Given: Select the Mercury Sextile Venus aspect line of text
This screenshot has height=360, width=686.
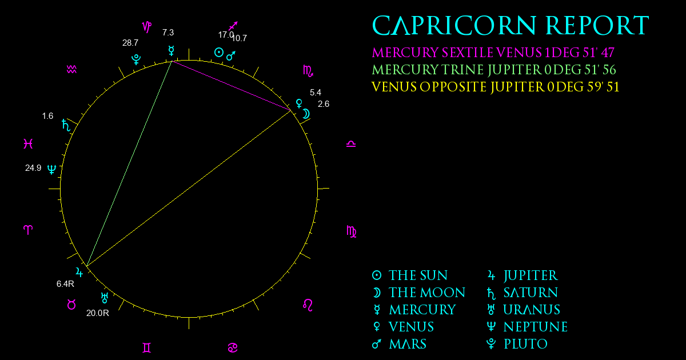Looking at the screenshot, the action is tap(493, 53).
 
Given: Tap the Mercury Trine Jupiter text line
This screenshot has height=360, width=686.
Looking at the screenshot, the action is tap(494, 70).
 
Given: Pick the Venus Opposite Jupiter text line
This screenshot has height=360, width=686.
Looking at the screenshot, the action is tap(495, 87).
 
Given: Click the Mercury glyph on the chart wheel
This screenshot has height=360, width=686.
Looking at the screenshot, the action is tap(171, 51).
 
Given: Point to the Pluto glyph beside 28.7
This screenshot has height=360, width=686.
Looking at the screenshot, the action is tap(136, 59).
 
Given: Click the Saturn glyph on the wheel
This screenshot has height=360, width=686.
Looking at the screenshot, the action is tap(66, 125).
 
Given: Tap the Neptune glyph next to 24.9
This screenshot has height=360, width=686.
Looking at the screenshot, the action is tap(52, 169).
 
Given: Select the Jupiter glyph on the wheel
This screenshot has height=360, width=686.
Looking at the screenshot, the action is tap(79, 272).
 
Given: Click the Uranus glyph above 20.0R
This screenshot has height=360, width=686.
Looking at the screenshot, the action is tap(105, 298).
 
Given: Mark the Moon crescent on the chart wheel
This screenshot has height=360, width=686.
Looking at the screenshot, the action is tap(306, 114).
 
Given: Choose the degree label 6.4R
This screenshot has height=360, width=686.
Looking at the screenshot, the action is tap(65, 284).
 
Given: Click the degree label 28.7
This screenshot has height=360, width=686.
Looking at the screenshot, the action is tap(130, 43).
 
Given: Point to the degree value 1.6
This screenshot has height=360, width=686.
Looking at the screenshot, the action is tap(47, 116).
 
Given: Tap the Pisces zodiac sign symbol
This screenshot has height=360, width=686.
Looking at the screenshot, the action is tap(28, 143).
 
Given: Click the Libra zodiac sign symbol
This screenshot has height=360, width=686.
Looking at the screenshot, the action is tap(351, 144).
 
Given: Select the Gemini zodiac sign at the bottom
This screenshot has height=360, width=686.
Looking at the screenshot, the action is tap(147, 348).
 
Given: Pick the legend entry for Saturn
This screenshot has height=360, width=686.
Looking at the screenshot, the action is tap(523, 293).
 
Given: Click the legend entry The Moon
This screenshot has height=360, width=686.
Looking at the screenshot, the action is tap(418, 293).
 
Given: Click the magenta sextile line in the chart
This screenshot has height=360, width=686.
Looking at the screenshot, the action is tap(232, 86).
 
